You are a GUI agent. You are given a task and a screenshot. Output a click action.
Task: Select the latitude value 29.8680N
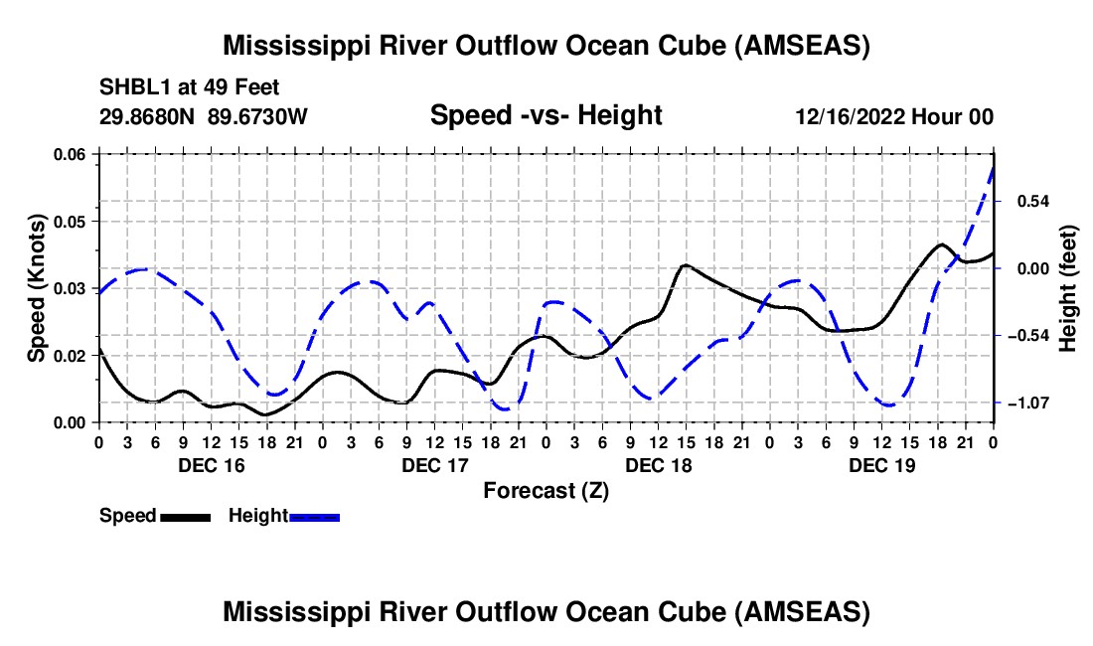[x=148, y=116]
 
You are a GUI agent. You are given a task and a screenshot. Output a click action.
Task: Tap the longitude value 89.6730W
[x=258, y=116]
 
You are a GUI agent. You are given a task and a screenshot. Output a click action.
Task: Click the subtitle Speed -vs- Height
[x=546, y=115]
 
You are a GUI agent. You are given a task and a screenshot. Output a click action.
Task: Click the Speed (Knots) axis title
[x=37, y=288]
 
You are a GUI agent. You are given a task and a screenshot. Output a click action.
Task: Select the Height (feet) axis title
[x=1068, y=288]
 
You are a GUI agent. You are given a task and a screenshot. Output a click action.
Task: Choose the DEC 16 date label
[x=211, y=465]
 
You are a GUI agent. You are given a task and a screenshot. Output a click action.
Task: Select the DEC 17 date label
[x=434, y=465]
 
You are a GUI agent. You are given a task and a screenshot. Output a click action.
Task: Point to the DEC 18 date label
[x=658, y=465]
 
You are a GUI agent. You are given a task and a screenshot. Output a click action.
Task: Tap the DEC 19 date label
[x=881, y=465]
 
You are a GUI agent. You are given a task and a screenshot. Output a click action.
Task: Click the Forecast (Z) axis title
[x=546, y=490]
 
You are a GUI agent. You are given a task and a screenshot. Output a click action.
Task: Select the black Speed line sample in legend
[x=185, y=516]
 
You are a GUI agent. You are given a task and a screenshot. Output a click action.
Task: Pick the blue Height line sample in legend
[x=315, y=516]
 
